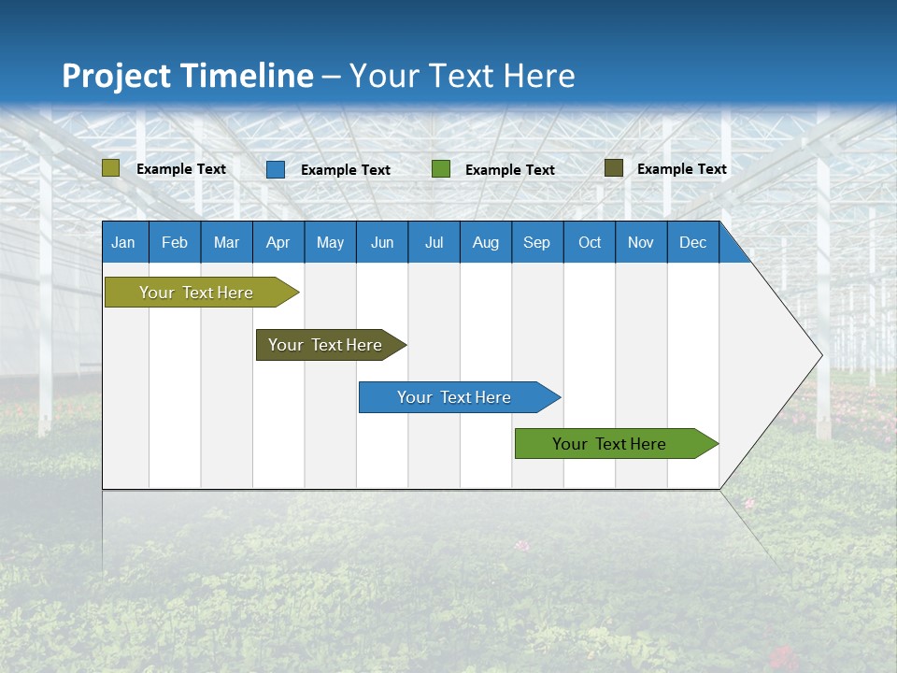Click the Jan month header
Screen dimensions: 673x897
(x=123, y=242)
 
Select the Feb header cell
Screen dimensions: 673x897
(x=175, y=242)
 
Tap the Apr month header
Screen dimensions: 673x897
(x=278, y=242)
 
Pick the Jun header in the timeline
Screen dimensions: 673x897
(x=382, y=242)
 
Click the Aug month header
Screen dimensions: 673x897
(x=486, y=242)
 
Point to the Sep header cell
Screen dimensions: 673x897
(x=537, y=242)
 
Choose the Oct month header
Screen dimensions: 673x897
(x=590, y=242)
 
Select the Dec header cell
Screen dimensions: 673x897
(x=693, y=242)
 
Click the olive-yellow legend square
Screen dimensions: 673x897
(x=111, y=168)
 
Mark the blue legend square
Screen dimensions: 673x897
(x=276, y=169)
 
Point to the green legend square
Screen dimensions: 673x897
(x=441, y=169)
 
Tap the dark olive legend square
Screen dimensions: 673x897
(x=613, y=168)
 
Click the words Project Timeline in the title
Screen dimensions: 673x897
(x=188, y=76)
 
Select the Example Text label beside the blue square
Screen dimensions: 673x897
(x=346, y=170)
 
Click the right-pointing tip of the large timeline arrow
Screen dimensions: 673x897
(x=819, y=355)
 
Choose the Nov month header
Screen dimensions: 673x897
(x=641, y=242)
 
